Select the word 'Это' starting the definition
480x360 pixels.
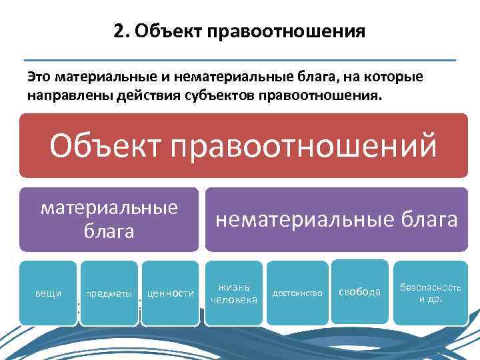point(39,77)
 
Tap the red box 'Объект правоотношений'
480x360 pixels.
point(243,145)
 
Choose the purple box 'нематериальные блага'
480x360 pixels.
point(336,219)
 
